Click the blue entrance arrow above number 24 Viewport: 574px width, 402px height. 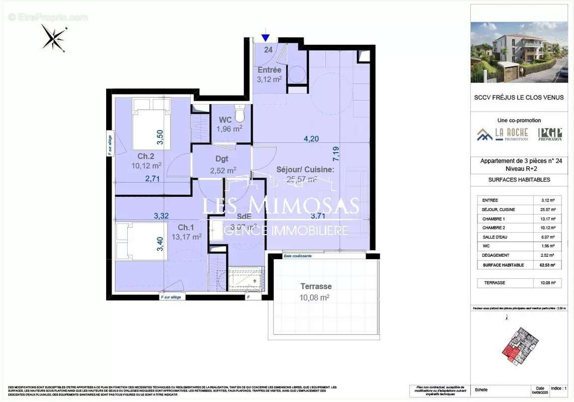click(x=266, y=38)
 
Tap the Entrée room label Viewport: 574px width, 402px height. click(x=270, y=70)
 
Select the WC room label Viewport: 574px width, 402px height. click(x=225, y=120)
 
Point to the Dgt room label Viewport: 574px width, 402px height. click(x=219, y=160)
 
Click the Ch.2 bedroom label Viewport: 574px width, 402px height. click(x=139, y=155)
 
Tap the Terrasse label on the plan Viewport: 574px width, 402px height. click(x=316, y=286)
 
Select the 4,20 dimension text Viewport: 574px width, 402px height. click(x=311, y=139)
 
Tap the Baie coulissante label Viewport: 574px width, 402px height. click(x=298, y=256)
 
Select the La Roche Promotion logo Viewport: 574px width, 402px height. click(x=503, y=134)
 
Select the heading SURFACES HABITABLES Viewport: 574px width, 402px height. click(x=519, y=179)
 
